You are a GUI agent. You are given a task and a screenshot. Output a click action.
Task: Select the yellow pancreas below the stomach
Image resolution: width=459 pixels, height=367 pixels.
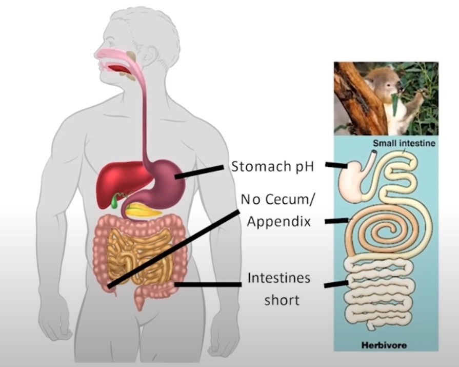pos(144,209)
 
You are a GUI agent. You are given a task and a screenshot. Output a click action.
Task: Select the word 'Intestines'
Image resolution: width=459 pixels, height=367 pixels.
pos(279,278)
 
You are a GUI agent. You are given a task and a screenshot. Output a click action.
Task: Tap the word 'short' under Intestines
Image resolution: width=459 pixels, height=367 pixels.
pos(282,300)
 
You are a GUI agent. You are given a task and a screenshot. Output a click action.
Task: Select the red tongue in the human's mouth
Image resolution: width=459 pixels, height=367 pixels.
pos(119,68)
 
